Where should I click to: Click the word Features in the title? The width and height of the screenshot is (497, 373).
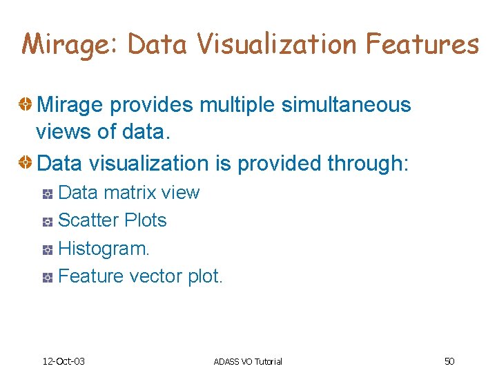[422, 44]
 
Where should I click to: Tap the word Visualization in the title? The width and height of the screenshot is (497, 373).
[275, 44]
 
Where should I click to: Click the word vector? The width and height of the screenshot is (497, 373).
[153, 276]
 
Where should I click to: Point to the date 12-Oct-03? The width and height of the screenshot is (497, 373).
[64, 361]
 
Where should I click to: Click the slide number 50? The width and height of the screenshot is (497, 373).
[449, 361]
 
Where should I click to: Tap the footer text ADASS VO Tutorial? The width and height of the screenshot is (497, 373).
[248, 361]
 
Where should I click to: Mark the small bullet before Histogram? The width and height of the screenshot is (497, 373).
[47, 249]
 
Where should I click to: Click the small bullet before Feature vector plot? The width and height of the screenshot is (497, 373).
[47, 278]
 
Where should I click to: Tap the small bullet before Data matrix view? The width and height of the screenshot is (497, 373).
[47, 193]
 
